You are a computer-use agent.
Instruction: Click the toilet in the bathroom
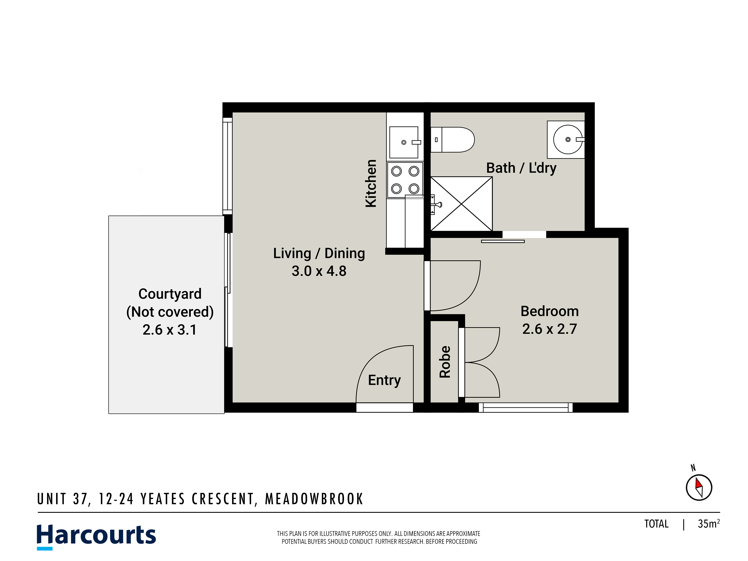click(452, 140)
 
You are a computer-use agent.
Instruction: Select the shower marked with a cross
click(461, 204)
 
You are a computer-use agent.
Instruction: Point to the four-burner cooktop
click(405, 180)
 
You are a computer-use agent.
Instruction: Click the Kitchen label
click(371, 183)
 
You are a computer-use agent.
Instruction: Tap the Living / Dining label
click(319, 254)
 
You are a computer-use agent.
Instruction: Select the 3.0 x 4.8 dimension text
click(319, 271)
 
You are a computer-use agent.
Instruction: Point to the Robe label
click(445, 361)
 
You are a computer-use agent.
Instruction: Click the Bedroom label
click(549, 311)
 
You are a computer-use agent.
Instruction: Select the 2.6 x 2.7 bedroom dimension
click(549, 329)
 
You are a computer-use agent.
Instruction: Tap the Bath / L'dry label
click(521, 168)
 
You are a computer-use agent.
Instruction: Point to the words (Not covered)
click(170, 312)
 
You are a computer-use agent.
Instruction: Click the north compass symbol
click(699, 487)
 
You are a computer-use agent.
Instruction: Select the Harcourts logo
click(96, 537)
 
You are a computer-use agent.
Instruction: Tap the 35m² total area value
click(709, 523)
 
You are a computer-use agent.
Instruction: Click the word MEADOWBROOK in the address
click(314, 499)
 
